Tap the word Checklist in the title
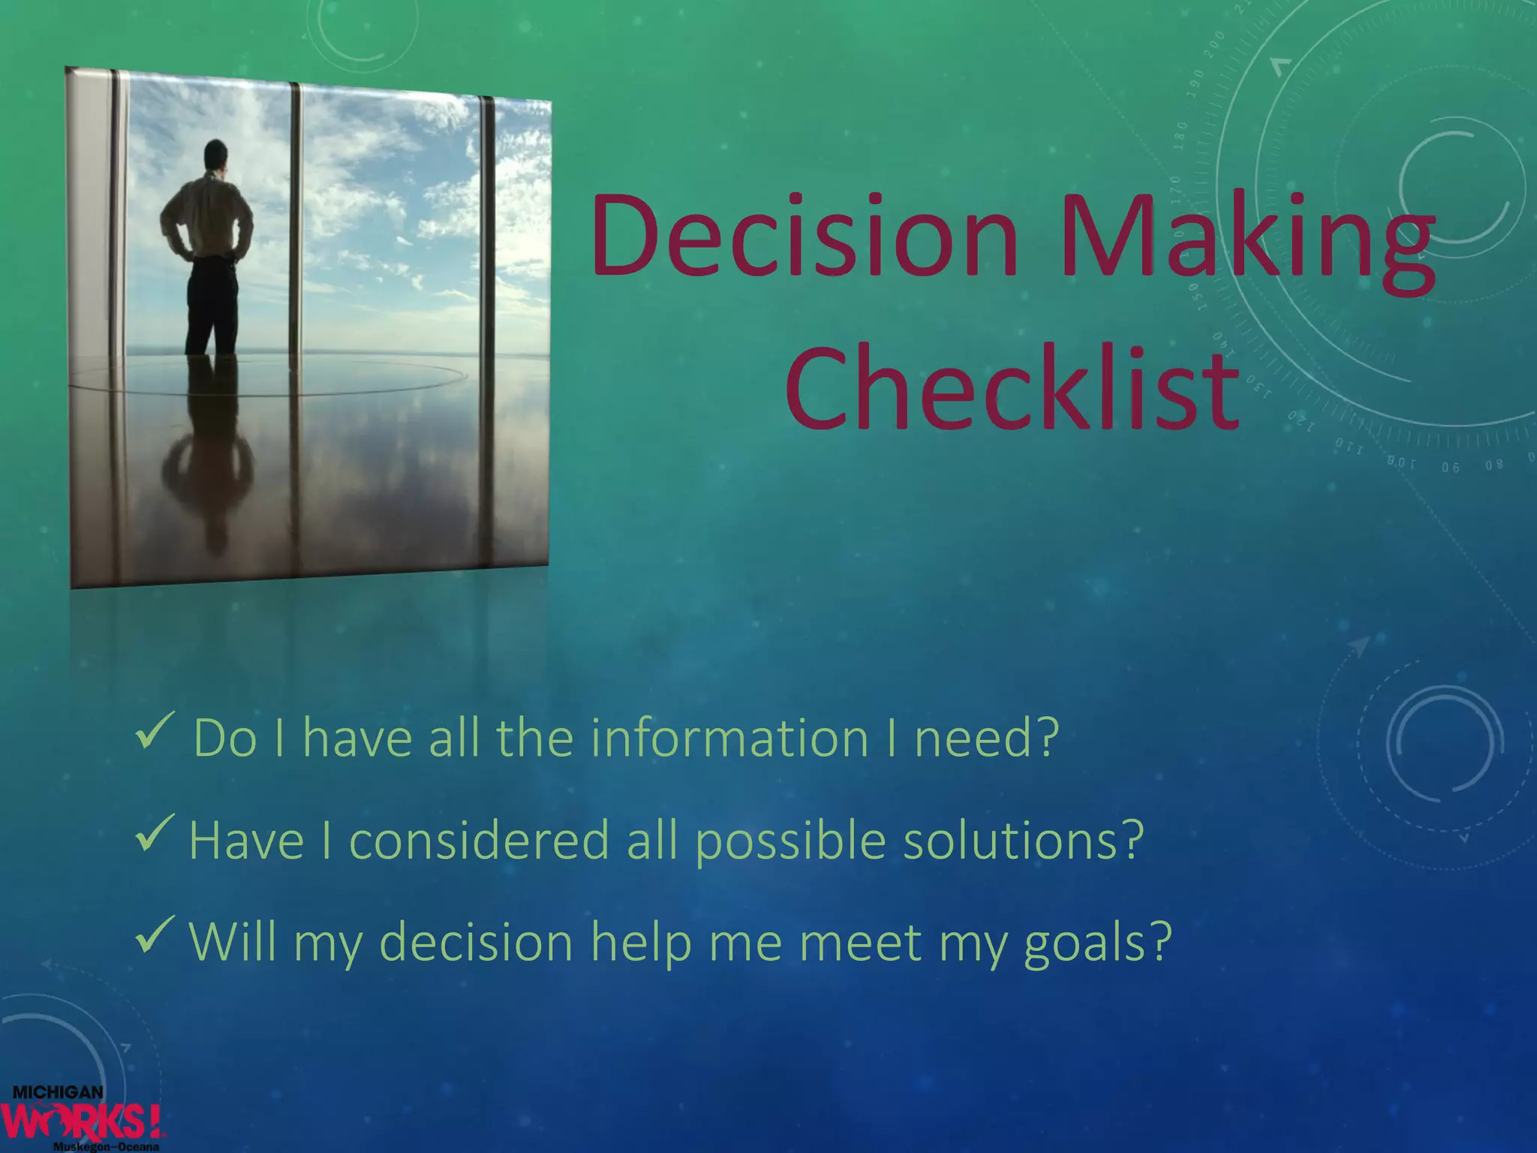1012,390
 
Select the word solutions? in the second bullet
1023,841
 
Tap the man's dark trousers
212,308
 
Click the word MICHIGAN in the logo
58,1093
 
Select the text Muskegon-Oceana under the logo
106,1147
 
